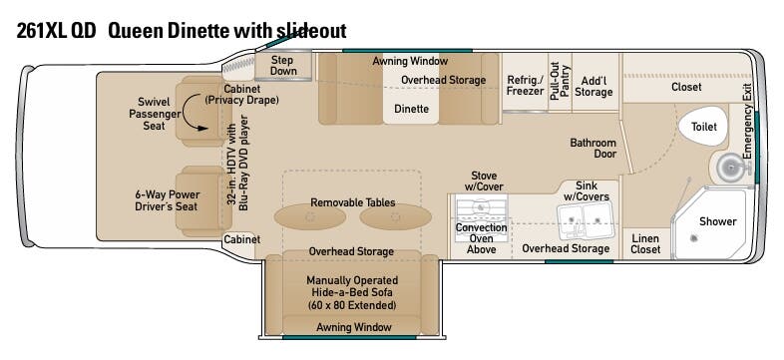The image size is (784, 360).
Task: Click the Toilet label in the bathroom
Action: pyautogui.click(x=704, y=128)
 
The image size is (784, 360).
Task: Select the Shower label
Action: pyautogui.click(x=717, y=221)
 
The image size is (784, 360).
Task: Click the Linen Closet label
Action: pyautogui.click(x=645, y=243)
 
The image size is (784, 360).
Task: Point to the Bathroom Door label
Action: pyautogui.click(x=592, y=149)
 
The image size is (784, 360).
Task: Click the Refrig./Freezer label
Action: pyautogui.click(x=525, y=85)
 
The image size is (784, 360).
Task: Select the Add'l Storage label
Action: pyautogui.click(x=593, y=86)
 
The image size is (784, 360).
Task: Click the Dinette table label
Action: pyautogui.click(x=411, y=109)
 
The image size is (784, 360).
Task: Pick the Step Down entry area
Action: pyautogui.click(x=284, y=66)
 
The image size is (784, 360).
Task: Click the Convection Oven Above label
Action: pyautogui.click(x=482, y=238)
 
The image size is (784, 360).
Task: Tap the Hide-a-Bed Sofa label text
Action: pyautogui.click(x=352, y=293)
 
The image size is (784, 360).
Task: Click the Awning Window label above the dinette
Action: pyautogui.click(x=410, y=61)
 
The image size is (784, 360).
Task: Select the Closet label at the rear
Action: pyautogui.click(x=686, y=87)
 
